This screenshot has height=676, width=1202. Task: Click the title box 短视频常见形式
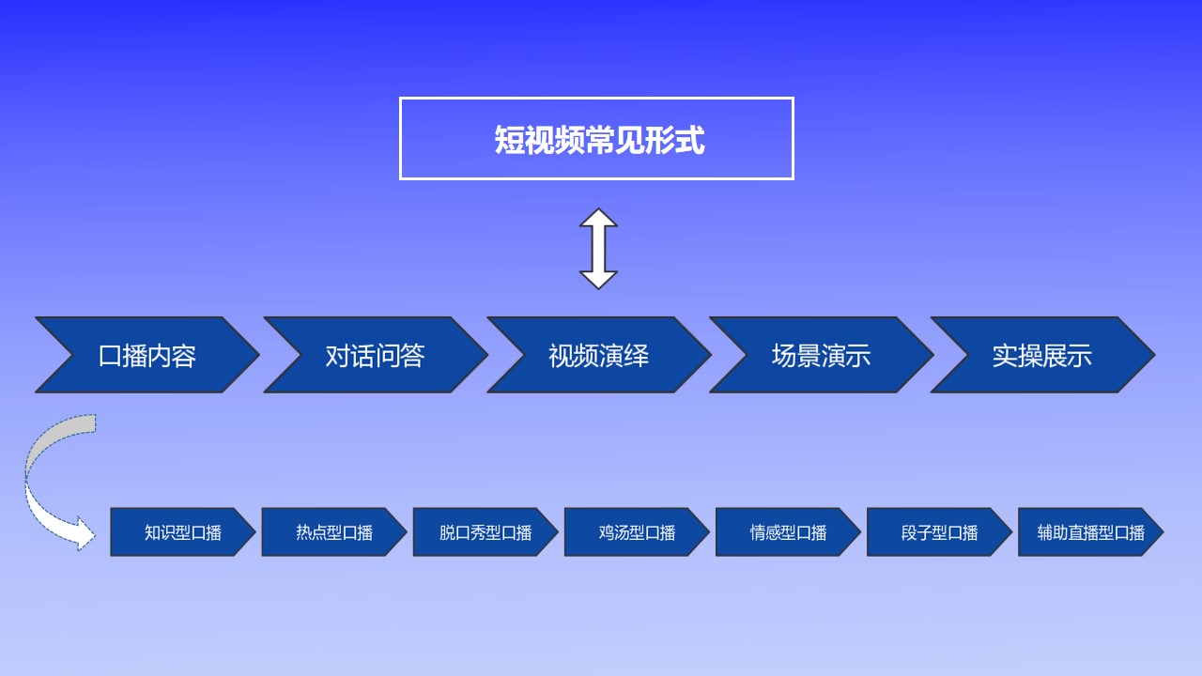point(596,138)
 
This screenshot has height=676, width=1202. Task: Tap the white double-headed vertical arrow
point(598,249)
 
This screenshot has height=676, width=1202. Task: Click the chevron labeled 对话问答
point(375,355)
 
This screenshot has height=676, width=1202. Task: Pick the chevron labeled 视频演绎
point(599,355)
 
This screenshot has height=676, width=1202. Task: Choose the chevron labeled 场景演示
point(822,355)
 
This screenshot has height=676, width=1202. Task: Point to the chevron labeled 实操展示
point(1042,355)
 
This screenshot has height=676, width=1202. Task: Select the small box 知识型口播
point(182,531)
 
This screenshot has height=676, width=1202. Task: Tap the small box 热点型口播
point(333,531)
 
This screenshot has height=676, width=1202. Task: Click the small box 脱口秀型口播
point(485,531)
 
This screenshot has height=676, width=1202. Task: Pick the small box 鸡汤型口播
point(637,531)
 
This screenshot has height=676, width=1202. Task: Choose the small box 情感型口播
point(788,531)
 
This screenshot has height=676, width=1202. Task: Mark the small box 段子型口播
point(939,531)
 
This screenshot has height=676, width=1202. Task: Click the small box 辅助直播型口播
point(1090,531)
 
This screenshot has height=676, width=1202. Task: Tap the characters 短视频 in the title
point(539,140)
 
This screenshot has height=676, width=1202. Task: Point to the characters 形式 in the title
point(674,140)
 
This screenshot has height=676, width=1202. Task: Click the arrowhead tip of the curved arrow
point(95,535)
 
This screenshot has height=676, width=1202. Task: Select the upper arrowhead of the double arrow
point(598,217)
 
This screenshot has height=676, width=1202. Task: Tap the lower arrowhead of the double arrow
point(598,281)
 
